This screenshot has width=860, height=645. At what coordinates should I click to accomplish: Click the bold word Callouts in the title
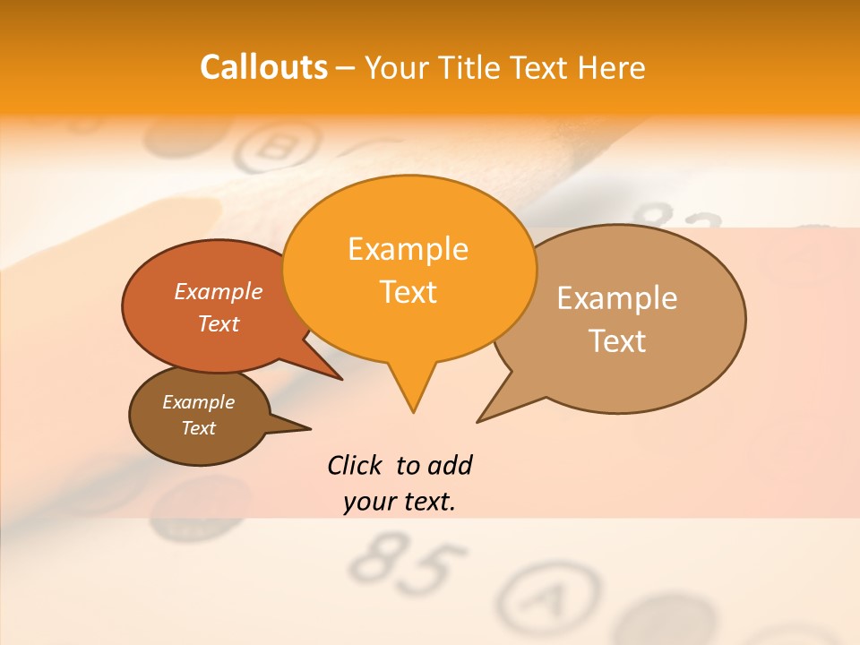pos(263,67)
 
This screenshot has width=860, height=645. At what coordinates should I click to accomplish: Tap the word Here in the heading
pos(607,67)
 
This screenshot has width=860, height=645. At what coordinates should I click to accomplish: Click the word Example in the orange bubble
pos(408,248)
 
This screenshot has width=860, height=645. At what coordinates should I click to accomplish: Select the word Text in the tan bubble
pos(617,341)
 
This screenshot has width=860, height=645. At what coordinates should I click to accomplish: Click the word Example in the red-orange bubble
pos(219,291)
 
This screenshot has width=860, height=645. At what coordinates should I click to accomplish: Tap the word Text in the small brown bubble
pos(199,428)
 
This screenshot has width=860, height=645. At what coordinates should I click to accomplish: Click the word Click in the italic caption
pos(355,466)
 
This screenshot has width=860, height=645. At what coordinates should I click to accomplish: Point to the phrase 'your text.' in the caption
pos(400,502)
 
